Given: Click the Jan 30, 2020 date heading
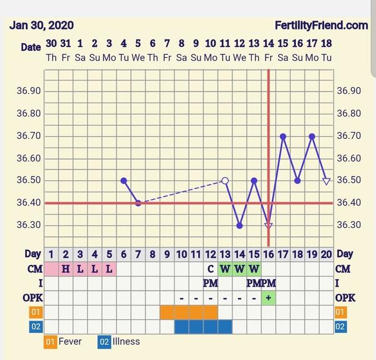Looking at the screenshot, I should (x=42, y=26).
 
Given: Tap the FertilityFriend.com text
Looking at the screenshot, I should (x=321, y=26).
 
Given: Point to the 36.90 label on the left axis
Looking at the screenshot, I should (x=29, y=91).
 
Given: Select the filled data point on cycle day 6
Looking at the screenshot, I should (x=123, y=180).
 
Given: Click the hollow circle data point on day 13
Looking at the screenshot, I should (x=225, y=180).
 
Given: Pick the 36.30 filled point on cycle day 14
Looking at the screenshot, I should (x=239, y=225).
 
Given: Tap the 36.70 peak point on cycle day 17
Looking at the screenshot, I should (x=283, y=136).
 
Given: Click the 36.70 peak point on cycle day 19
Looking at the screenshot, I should (x=312, y=136).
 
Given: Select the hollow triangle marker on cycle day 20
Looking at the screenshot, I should (x=326, y=181).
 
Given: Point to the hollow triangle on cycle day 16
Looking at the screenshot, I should (x=269, y=226).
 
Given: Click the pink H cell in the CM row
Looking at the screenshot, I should (x=65, y=269).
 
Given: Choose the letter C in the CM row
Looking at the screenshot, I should (x=211, y=269).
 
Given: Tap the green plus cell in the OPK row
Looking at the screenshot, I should (x=268, y=297).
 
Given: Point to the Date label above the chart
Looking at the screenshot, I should (x=31, y=47).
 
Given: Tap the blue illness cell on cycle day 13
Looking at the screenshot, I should (x=225, y=326).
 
